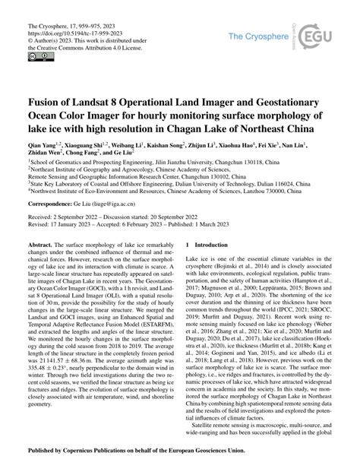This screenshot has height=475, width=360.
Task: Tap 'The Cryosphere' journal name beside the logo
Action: pyautogui.click(x=262, y=36)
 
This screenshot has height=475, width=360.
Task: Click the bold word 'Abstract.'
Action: pyautogui.click(x=40, y=247)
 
